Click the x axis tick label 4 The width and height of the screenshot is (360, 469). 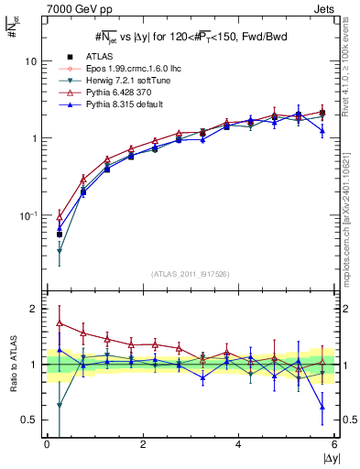(x=239, y=444)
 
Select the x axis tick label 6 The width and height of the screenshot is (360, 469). (x=334, y=444)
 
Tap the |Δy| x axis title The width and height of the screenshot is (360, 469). (x=329, y=458)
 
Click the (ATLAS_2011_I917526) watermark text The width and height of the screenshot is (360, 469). (x=191, y=274)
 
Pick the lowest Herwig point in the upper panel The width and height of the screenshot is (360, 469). (x=60, y=250)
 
